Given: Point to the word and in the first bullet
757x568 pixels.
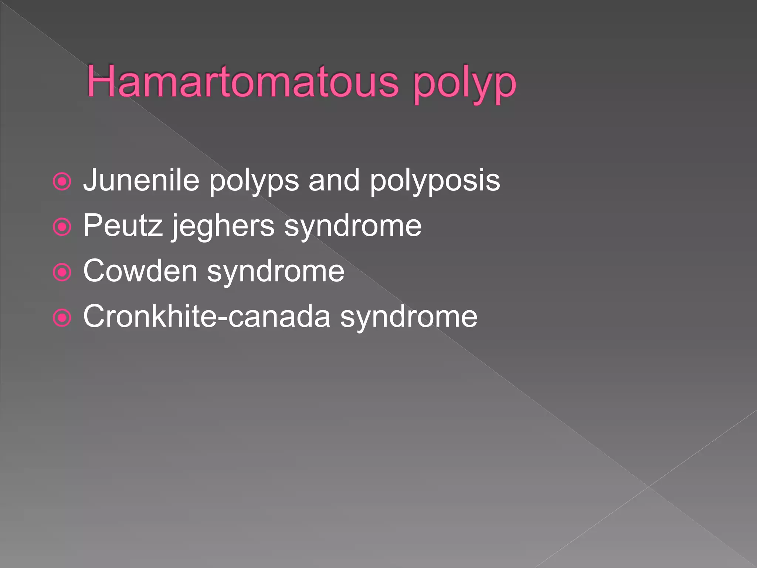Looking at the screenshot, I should (x=334, y=180).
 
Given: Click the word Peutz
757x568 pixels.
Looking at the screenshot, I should (x=122, y=225).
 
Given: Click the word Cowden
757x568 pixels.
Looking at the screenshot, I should (x=140, y=271).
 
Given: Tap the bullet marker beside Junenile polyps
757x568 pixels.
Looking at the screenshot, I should (x=62, y=182).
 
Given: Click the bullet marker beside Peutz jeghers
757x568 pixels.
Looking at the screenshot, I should (x=62, y=227).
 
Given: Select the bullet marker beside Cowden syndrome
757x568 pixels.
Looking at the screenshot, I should (x=62, y=273).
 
